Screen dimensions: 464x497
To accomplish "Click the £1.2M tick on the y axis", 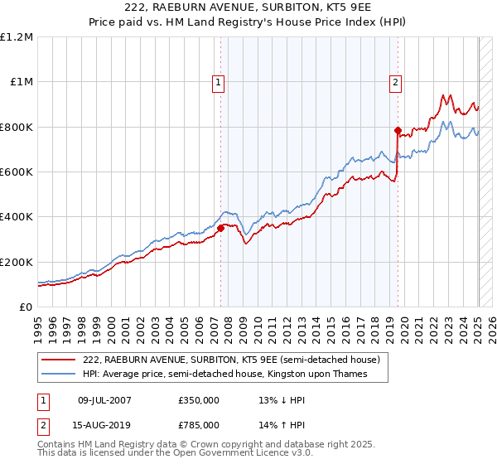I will (x=17, y=37).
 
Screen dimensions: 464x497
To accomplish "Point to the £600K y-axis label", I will (x=17, y=172).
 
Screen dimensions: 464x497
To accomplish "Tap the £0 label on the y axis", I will (x=27, y=307).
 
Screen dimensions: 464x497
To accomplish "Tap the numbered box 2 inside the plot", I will (x=396, y=82).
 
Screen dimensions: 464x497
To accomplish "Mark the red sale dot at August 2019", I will (x=398, y=130).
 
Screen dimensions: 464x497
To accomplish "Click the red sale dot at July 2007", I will (x=220, y=228).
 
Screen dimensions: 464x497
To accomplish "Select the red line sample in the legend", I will (x=58, y=360).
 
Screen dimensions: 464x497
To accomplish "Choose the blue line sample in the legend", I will (x=58, y=375).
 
